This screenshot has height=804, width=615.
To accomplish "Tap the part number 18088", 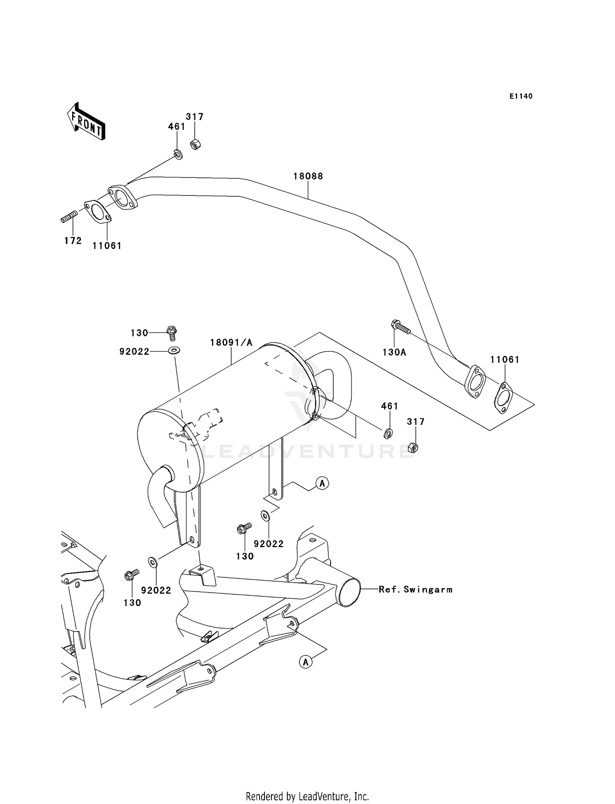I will coord(308,176).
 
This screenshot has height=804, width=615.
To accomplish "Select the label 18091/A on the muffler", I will coord(231,343).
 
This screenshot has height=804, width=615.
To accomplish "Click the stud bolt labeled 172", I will coord(69,216).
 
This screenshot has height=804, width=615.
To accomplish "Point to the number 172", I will coord(73,241).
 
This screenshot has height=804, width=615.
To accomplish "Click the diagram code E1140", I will coord(521,96).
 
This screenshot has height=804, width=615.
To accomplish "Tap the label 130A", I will coord(394,352).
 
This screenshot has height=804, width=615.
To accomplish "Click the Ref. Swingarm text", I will coord(415,590).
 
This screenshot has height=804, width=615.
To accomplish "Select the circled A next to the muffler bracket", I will coord(322,484).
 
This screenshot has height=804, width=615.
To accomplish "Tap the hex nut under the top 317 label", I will coord(195,144).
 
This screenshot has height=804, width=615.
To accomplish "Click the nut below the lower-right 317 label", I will coord(414,447).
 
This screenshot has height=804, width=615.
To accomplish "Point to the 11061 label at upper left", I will coord(107,246).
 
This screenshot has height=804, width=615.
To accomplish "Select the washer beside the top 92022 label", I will coord(174,350).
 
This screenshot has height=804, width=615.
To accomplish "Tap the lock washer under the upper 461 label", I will coord(178,155).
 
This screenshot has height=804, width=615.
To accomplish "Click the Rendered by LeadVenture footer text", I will coord(307,796).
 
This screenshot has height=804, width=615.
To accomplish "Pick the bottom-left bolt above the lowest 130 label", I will coord(132,575).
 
